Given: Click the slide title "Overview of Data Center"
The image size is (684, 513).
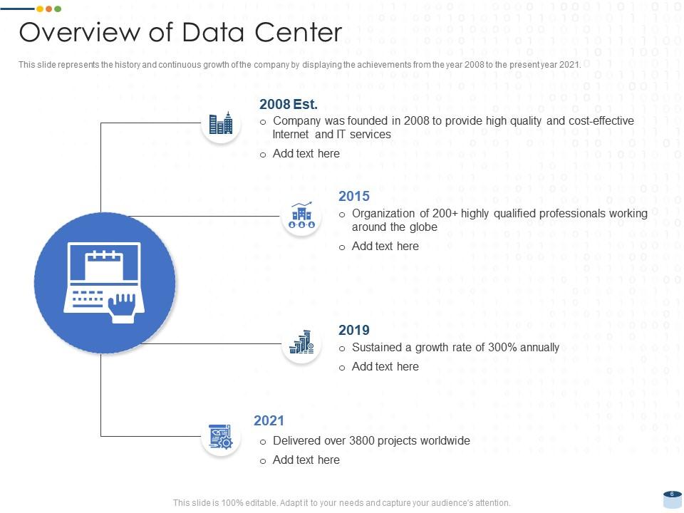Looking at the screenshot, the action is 180,32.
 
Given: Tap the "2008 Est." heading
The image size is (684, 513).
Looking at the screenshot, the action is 289,104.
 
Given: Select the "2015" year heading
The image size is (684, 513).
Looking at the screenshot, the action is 354,197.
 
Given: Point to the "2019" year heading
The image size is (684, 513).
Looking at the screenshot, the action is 354,330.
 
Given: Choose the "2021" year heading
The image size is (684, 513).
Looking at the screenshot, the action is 269,420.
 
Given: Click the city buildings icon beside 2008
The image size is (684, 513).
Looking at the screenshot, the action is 221,123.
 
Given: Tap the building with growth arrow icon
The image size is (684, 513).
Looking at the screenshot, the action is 301,215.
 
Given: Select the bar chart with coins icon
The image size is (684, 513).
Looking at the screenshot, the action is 301,342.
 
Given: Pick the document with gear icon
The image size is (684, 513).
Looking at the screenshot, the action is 221,436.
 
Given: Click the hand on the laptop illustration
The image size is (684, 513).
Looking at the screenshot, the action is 122,309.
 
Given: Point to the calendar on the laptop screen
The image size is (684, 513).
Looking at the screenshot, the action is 104,265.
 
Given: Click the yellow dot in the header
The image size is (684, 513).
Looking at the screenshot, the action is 40,9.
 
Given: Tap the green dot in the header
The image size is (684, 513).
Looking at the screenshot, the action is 58,9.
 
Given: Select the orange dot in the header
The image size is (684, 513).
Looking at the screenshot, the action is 49,9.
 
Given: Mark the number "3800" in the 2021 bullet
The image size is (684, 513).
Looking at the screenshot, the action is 362,440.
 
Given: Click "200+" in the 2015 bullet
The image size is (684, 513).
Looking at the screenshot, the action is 445,214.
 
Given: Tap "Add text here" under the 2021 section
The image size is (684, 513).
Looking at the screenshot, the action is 306,460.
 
